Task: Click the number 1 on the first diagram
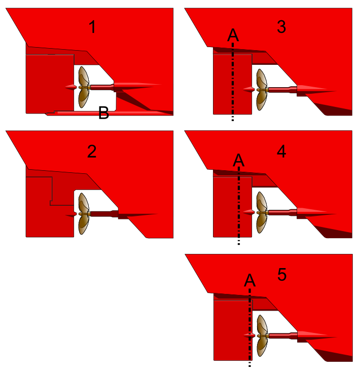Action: point(92,27)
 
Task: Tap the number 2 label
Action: point(92,152)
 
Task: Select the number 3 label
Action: point(281,27)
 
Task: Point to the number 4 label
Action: point(281,152)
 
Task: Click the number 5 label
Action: point(282,274)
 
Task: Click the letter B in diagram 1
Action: point(103,113)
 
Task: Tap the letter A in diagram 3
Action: point(233,35)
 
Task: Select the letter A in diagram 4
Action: point(239,160)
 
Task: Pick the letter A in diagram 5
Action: point(249,280)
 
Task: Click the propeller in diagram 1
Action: point(84,87)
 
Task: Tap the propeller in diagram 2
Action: point(84,213)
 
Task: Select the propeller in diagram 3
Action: point(262,90)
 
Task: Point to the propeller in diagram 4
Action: point(262,212)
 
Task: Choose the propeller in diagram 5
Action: point(262,336)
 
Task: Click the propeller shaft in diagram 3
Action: point(282,90)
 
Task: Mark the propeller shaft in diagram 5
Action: point(283,336)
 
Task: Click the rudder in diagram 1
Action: point(50,84)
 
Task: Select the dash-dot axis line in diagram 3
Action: point(233,82)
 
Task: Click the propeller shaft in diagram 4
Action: point(282,212)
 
